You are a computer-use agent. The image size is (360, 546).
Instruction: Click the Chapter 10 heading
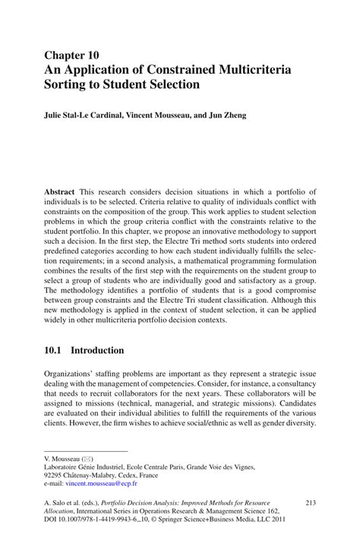tap(71, 56)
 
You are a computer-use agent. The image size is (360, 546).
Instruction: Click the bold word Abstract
tap(59, 193)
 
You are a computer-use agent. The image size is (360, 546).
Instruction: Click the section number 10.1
tap(53, 351)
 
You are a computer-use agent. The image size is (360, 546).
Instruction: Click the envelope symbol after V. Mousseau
tap(89, 459)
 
